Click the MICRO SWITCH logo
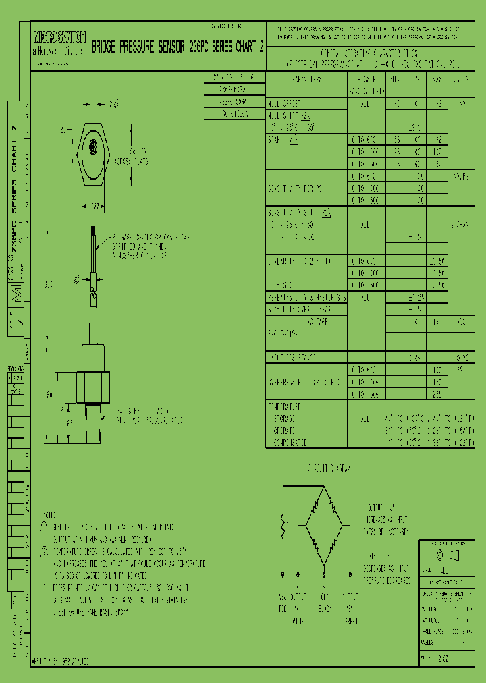click(x=58, y=38)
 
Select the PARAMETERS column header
click(x=307, y=79)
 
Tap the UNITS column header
click(x=461, y=79)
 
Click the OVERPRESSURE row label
click(x=306, y=382)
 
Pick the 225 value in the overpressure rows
click(x=436, y=394)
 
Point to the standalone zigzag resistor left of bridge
click(x=283, y=524)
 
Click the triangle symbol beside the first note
click(x=44, y=526)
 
